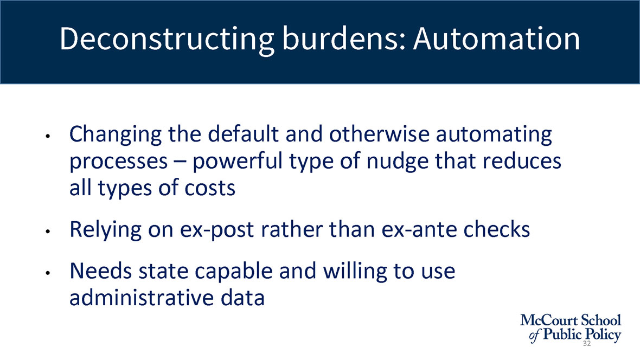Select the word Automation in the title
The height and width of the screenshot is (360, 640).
[x=496, y=39]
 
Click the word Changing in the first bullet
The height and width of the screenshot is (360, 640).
[x=116, y=134]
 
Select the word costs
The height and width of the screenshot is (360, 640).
[x=210, y=188]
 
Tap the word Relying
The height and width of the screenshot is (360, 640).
[x=105, y=230]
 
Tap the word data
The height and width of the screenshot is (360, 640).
[x=243, y=298]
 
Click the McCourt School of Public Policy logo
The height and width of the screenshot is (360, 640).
[x=571, y=328]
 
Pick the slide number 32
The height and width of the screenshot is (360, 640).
[x=586, y=343]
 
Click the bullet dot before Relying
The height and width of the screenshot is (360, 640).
[x=48, y=232]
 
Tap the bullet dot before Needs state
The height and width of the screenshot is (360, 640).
[x=48, y=272]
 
